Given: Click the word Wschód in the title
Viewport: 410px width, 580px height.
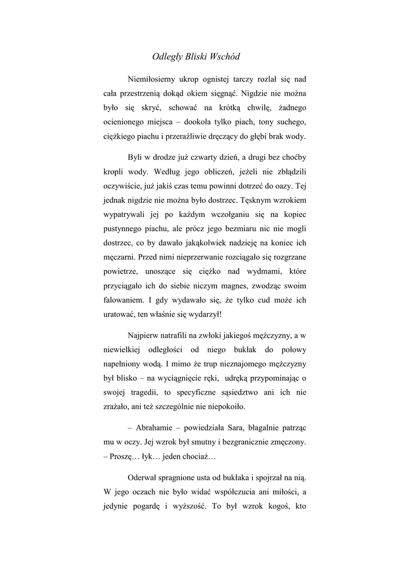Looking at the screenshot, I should tap(225, 57).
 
